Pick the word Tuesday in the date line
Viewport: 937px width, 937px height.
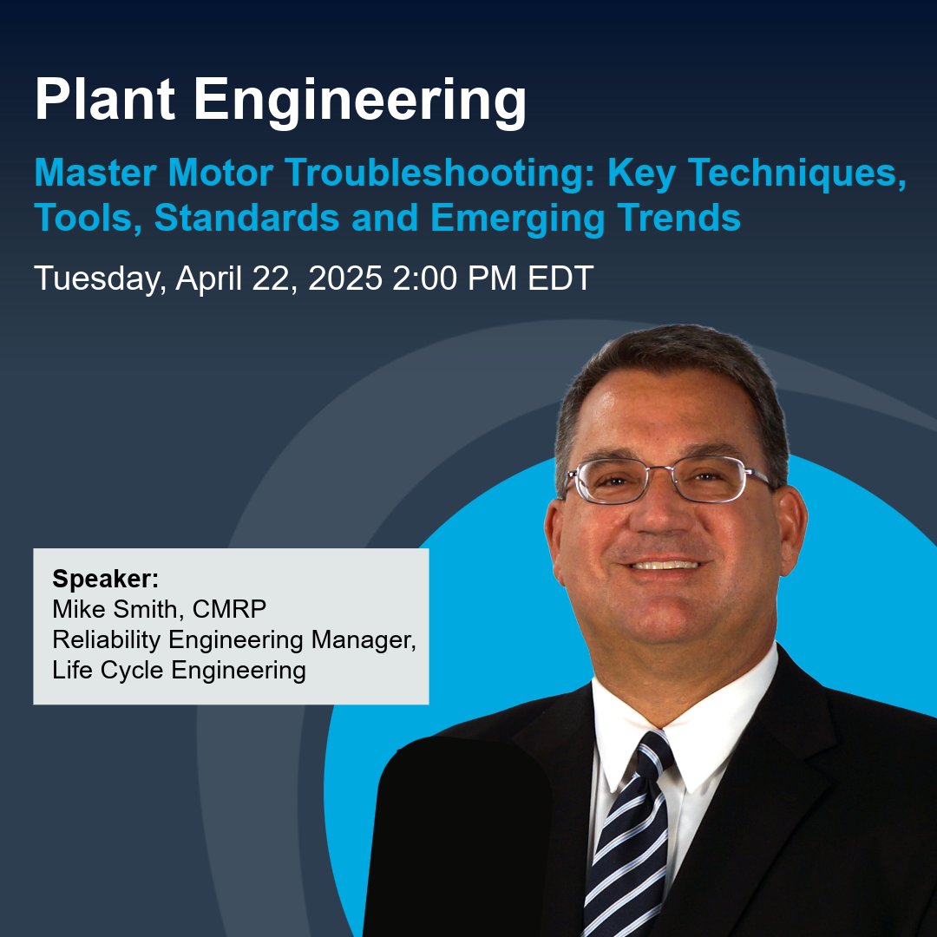coord(98,279)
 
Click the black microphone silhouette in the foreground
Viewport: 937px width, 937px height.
coord(464,833)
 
